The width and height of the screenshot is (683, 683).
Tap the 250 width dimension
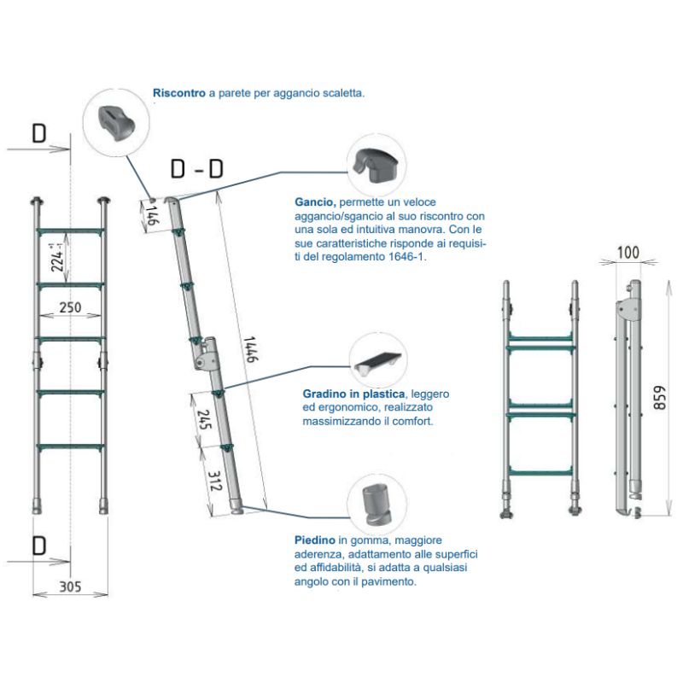coord(70,308)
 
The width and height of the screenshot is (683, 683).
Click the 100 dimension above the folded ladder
coord(629,253)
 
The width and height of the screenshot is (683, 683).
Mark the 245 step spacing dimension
coord(203,418)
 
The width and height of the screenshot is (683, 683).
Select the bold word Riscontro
coord(179,93)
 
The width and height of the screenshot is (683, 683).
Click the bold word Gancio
coord(314,203)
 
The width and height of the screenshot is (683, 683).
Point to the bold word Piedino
coord(312,540)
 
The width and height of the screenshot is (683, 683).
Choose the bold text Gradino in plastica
coord(354,394)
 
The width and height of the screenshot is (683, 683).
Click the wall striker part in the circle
coord(119,123)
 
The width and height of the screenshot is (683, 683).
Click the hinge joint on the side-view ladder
coord(206,350)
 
